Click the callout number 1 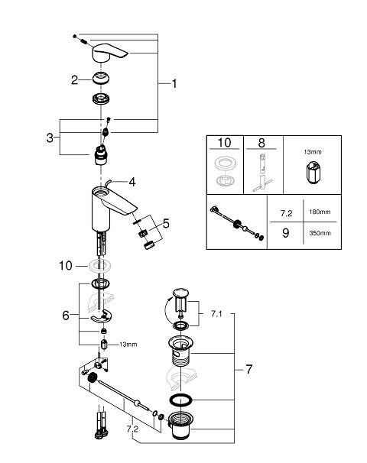pos(174,83)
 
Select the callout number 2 pos(74,79)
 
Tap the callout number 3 pos(50,138)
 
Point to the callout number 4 pos(132,182)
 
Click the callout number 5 pos(166,224)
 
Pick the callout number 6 pos(66,316)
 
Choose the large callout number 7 pos(248,369)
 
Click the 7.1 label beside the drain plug pos(216,313)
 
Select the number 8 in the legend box pos(261,143)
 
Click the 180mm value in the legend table pos(320,212)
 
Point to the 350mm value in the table pos(320,233)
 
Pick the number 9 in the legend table pos(285,233)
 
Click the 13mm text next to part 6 pos(128,345)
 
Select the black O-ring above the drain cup pos(181,400)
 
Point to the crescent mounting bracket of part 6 pos(101,316)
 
